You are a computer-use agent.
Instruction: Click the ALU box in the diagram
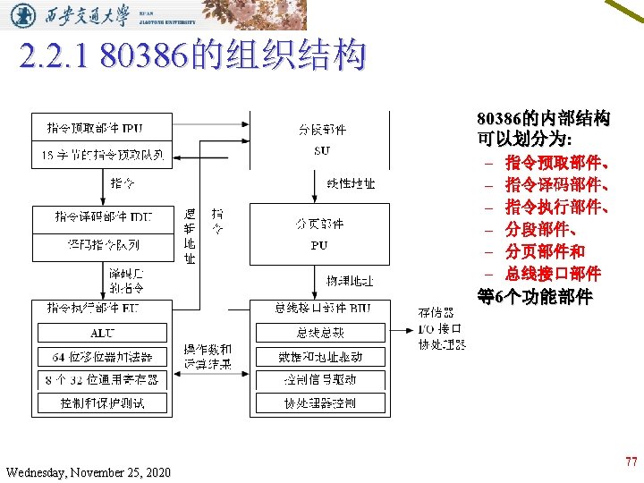(101, 333)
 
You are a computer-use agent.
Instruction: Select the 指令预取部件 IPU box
(101, 129)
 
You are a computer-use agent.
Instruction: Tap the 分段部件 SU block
(321, 140)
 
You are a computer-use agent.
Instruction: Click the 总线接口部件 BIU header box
(321, 309)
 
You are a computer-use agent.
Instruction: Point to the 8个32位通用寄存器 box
(101, 379)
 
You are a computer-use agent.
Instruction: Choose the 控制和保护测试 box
(101, 403)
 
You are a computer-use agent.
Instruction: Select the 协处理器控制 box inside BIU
(320, 403)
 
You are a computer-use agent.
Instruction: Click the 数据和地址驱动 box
(320, 356)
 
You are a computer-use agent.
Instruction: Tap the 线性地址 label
(350, 184)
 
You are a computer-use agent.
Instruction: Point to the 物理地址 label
(350, 281)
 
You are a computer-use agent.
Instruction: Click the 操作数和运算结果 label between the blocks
(208, 356)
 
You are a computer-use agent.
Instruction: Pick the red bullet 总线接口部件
(552, 273)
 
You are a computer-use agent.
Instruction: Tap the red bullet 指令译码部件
(557, 185)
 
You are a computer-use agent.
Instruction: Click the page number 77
(631, 462)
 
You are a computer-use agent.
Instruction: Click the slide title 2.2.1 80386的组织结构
(192, 56)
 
